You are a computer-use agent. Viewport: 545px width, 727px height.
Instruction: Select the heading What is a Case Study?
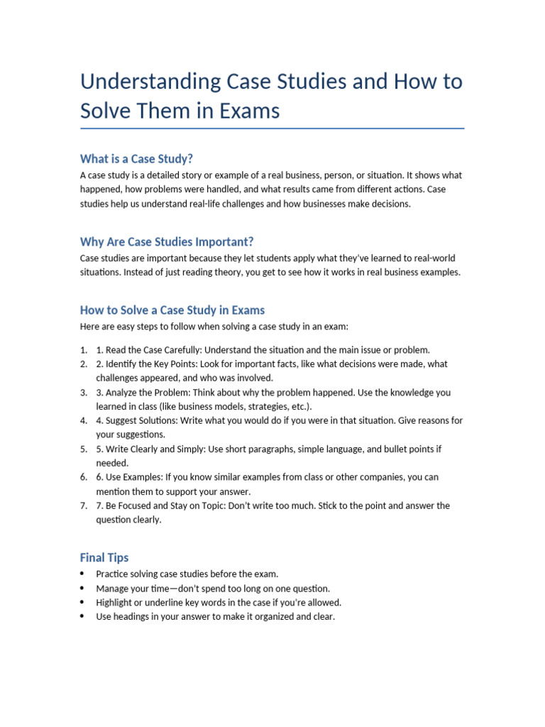point(136,158)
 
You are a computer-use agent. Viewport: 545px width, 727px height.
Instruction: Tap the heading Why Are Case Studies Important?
point(167,241)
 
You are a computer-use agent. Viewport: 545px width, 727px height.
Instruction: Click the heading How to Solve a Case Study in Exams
point(172,310)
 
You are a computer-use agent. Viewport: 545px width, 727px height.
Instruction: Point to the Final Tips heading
point(104,558)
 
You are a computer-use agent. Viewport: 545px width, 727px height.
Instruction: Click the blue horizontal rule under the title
point(272,129)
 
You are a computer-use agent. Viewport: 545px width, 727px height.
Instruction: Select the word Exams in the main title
point(249,111)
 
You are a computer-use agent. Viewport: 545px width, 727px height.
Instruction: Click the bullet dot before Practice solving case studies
point(83,574)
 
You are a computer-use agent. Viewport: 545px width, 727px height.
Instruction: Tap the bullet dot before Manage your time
point(83,589)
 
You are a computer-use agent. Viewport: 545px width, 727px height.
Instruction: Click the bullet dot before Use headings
point(83,617)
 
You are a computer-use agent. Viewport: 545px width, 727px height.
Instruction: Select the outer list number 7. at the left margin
point(84,506)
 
